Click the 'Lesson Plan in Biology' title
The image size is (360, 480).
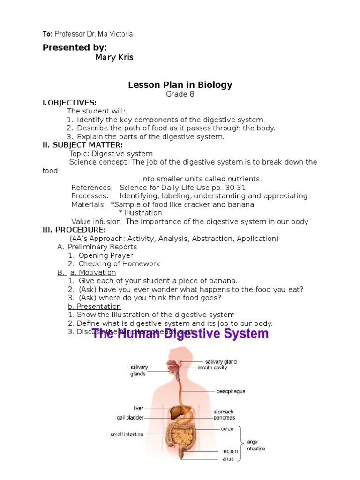pyautogui.click(x=180, y=85)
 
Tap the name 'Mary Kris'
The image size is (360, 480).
pyautogui.click(x=114, y=58)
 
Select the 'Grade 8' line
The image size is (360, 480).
pyautogui.click(x=180, y=94)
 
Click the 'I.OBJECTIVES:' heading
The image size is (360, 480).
pyautogui.click(x=69, y=102)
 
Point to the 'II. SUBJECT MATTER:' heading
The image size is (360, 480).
pyautogui.click(x=82, y=145)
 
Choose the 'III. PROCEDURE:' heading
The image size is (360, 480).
pyautogui.click(x=74, y=230)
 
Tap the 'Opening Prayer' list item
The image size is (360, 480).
pyautogui.click(x=105, y=255)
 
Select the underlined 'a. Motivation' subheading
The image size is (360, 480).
pyautogui.click(x=93, y=272)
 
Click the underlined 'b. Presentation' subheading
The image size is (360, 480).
pyautogui.click(x=94, y=307)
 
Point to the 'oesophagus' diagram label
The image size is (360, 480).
pyautogui.click(x=231, y=391)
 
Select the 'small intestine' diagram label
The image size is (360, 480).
pyautogui.click(x=127, y=435)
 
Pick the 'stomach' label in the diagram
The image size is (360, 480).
pyautogui.click(x=224, y=412)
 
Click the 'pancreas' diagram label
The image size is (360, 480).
pyautogui.click(x=225, y=418)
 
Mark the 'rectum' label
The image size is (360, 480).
pyautogui.click(x=230, y=451)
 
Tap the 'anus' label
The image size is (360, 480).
pyautogui.click(x=228, y=459)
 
